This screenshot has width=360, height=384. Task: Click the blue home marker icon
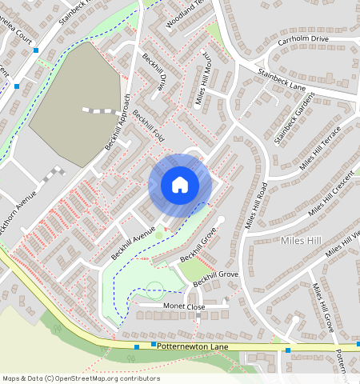point(180,185)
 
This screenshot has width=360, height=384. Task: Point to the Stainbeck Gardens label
point(294,118)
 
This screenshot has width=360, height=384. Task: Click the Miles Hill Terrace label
point(321,147)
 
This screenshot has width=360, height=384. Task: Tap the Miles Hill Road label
point(256,206)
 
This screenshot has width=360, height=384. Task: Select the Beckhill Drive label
point(155,73)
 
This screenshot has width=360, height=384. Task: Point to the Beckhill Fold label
point(149,126)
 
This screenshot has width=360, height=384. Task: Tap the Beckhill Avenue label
point(133,242)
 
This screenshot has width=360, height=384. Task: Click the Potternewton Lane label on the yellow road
point(193,345)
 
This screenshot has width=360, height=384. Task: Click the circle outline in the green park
point(155,290)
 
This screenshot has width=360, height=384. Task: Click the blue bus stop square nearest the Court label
point(36,50)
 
